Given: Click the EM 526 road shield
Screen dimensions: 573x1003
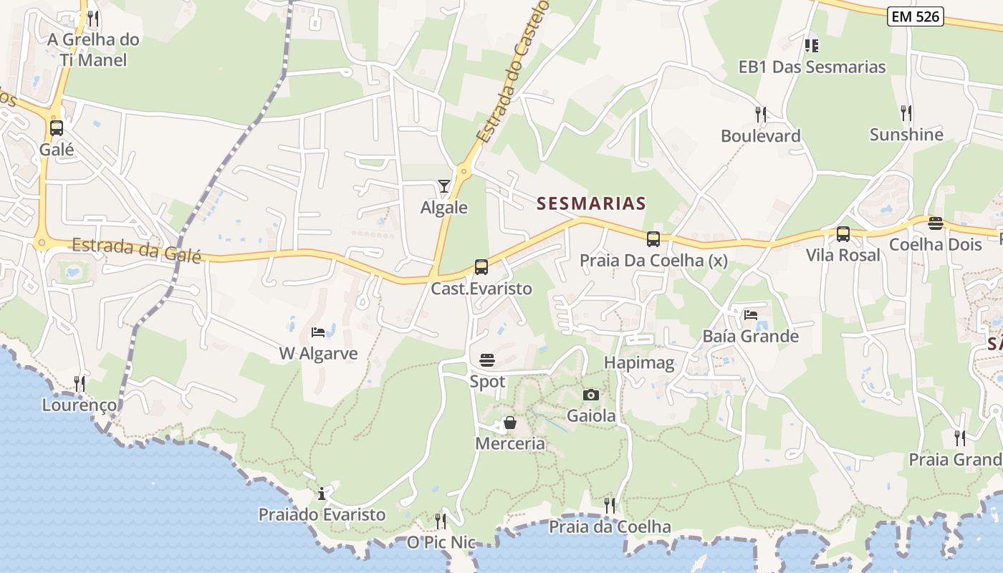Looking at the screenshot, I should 915,16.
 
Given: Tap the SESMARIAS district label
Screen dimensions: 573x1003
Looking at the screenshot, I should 591,203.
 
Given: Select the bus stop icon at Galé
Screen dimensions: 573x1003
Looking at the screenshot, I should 57,129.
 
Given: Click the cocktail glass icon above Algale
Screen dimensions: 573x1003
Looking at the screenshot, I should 444,186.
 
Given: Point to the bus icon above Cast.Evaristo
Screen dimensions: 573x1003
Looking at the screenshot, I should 481,267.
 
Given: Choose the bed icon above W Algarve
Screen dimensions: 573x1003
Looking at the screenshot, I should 318,332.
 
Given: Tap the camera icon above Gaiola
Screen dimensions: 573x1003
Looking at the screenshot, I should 591,395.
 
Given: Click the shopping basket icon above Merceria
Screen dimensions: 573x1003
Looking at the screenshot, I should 510,423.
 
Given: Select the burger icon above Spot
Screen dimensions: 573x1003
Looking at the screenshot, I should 487,360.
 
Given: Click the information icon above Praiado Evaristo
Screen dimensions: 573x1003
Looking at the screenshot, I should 322,493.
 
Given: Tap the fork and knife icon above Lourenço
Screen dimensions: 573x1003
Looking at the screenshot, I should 80,384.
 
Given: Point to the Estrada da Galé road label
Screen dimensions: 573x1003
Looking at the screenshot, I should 136,249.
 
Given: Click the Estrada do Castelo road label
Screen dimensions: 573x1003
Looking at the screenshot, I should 512,72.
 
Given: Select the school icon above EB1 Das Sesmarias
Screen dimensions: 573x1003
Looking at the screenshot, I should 812,46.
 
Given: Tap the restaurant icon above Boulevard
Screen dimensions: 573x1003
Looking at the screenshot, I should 761,114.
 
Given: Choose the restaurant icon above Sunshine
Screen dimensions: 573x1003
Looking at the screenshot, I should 906,112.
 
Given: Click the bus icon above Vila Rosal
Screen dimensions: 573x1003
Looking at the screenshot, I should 843,234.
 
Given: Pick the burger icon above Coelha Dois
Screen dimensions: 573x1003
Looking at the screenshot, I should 935,223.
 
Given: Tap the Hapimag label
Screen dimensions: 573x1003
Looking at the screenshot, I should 639,362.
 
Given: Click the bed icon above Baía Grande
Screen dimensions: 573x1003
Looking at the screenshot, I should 750,314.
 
